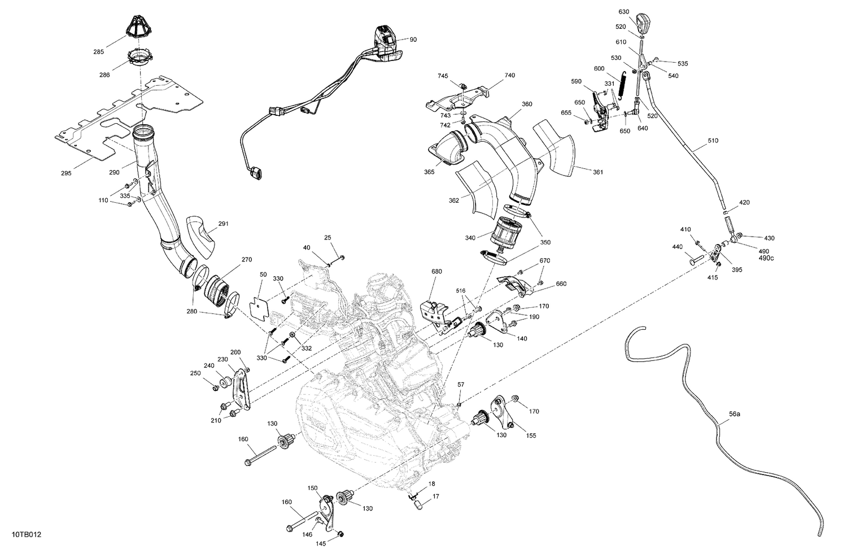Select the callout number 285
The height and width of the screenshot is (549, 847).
98,52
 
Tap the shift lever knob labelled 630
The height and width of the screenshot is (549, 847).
642,23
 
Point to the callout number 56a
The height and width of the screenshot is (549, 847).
734,413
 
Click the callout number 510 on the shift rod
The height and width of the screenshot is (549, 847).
713,140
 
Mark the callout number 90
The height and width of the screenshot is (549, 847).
413,40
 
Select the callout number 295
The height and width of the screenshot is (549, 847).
66,173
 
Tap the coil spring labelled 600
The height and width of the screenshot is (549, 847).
622,85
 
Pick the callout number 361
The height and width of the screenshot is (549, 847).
598,172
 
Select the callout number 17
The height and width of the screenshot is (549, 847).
435,497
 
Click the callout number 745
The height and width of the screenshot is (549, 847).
443,75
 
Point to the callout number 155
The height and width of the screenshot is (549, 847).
531,435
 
